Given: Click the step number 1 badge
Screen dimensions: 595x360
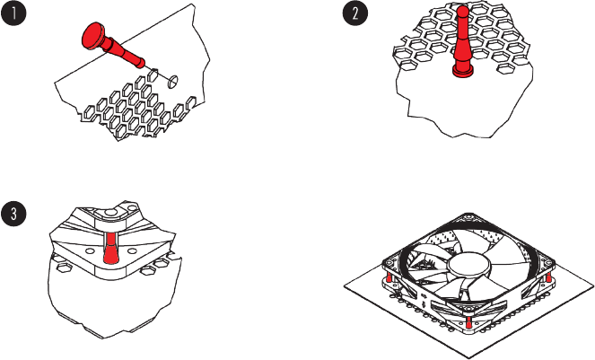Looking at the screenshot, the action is tap(13, 13).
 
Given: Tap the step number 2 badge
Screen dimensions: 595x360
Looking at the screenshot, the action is tap(355, 13).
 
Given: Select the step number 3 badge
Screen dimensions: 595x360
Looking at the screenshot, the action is tap(13, 214).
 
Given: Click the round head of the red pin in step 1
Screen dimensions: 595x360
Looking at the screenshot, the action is tap(93, 35).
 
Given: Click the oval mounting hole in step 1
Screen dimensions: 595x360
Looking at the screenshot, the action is tap(172, 82).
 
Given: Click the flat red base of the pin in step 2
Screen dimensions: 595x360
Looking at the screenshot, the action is tap(462, 70).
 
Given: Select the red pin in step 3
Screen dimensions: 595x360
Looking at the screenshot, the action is tap(110, 249).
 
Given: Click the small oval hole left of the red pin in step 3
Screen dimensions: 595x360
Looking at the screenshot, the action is tap(90, 251).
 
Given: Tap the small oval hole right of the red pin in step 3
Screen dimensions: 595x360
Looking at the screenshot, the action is tap(132, 251).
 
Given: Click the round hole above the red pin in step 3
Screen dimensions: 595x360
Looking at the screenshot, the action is tap(110, 213).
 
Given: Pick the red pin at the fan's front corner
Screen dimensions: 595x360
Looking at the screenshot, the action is tap(469, 322).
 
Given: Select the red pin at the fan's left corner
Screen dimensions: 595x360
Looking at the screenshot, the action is tap(389, 278).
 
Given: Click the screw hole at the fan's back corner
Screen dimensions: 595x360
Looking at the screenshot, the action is tap(467, 218).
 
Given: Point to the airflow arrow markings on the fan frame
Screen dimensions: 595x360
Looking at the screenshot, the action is tap(424, 298).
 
